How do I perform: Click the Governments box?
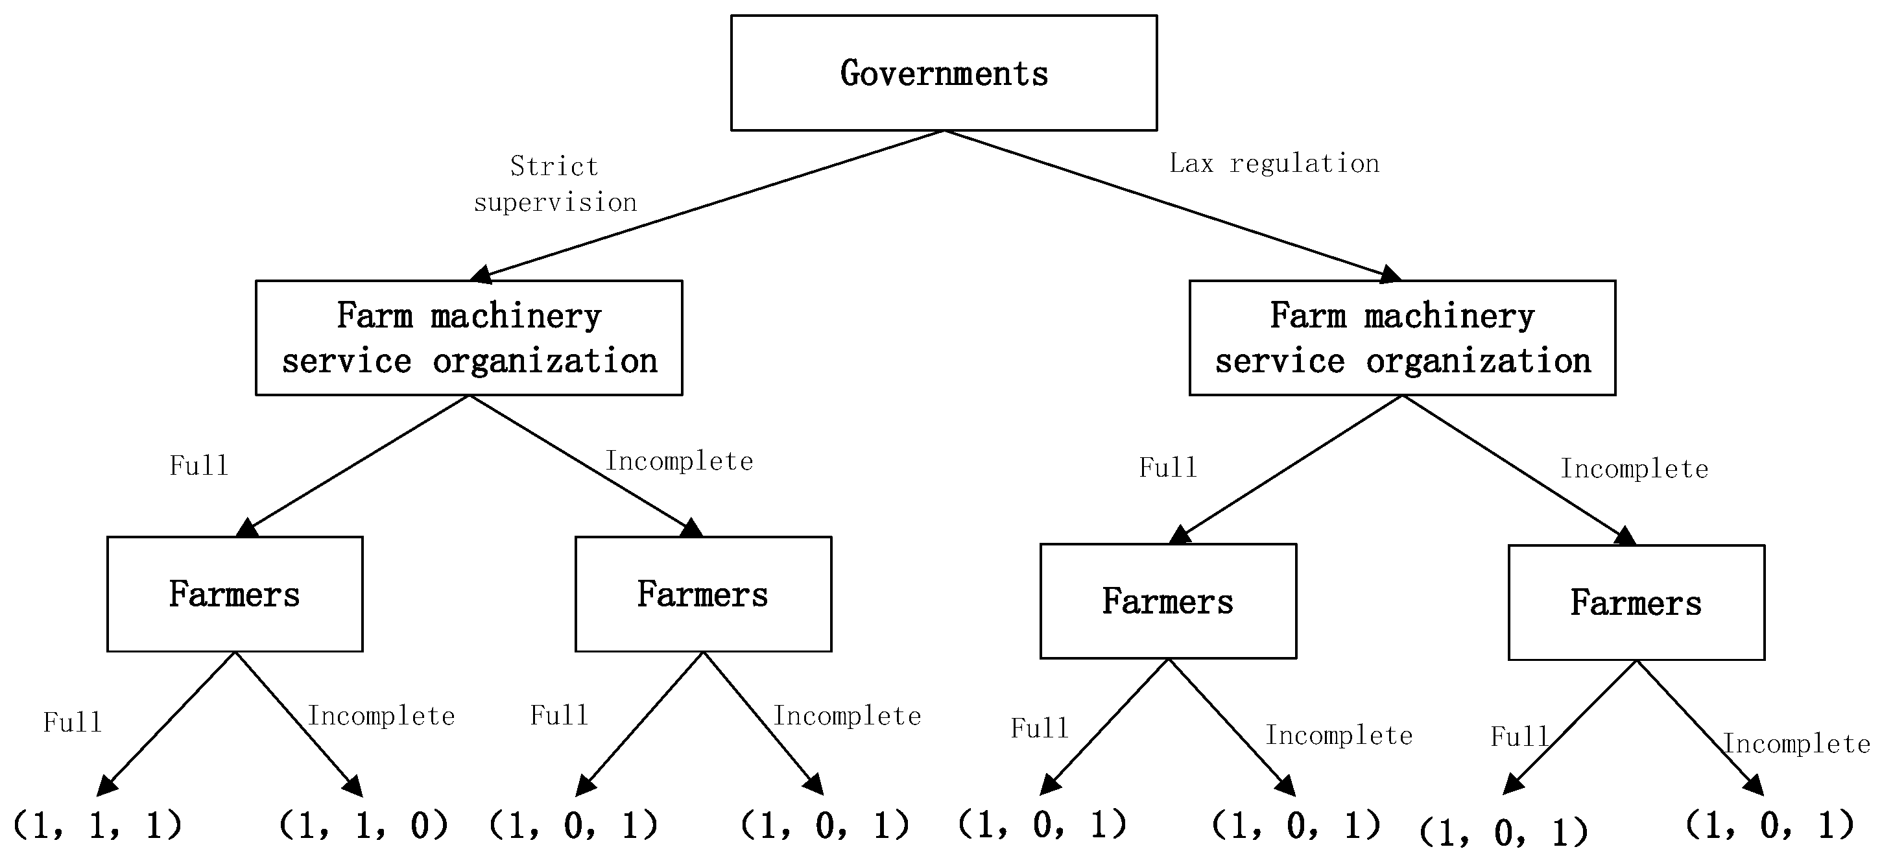(x=944, y=73)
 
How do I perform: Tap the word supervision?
(x=555, y=202)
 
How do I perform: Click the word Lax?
(x=1191, y=163)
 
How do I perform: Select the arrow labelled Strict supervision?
(x=706, y=206)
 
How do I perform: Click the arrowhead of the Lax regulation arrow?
(x=1391, y=275)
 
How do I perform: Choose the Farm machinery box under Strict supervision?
(x=469, y=338)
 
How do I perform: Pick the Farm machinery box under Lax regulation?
(x=1402, y=338)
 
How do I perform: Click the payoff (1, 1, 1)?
(x=97, y=825)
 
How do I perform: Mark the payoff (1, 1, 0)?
(x=363, y=825)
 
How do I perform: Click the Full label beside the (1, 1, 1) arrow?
(x=72, y=723)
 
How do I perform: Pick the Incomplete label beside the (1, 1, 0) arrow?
(x=381, y=716)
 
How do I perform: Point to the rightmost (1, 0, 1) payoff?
(x=1770, y=825)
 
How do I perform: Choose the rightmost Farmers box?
(x=1636, y=603)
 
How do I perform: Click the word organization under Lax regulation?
(x=1478, y=361)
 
